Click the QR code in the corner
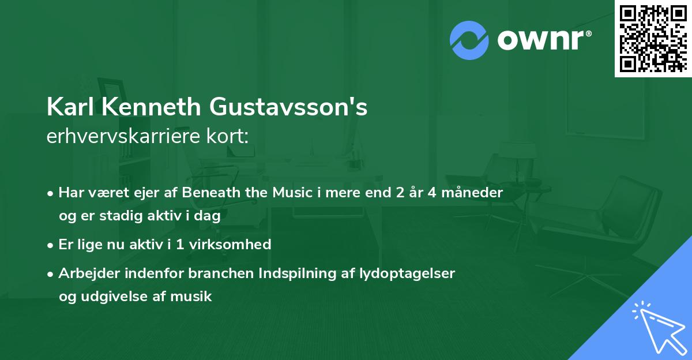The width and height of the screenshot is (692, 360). click(x=653, y=39)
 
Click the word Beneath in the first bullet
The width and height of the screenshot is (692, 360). click(x=206, y=192)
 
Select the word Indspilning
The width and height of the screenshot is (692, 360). click(x=273, y=273)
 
